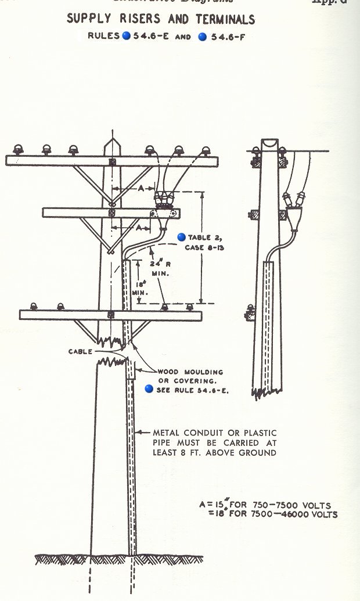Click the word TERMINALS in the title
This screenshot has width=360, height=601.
point(222,19)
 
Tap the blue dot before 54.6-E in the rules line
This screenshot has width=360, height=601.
point(126,36)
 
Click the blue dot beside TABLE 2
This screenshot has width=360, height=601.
point(181,237)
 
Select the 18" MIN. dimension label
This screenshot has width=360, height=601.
point(139,288)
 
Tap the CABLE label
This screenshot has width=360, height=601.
point(80,351)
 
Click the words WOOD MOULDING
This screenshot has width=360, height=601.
point(190,372)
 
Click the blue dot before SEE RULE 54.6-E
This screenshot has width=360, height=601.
point(149,389)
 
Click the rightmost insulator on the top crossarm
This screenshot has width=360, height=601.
point(206,150)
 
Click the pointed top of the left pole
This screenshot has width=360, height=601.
point(111,141)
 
